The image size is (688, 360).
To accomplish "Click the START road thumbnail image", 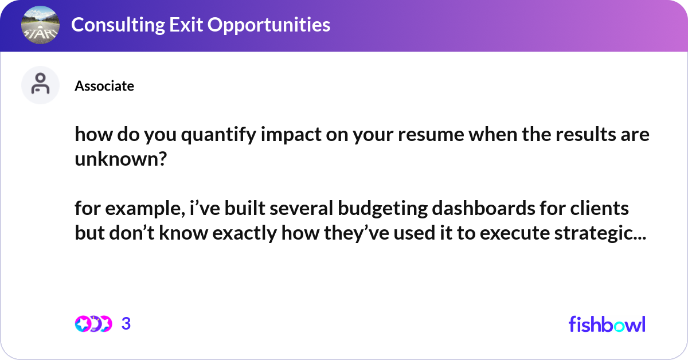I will tap(40, 25).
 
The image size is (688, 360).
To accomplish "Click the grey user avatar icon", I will tap(40, 85).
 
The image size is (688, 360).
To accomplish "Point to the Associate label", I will tap(104, 86).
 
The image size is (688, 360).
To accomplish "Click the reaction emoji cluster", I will tap(93, 324).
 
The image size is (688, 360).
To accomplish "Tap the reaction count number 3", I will tap(126, 324).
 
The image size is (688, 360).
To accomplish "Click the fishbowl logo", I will tap(607, 324).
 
